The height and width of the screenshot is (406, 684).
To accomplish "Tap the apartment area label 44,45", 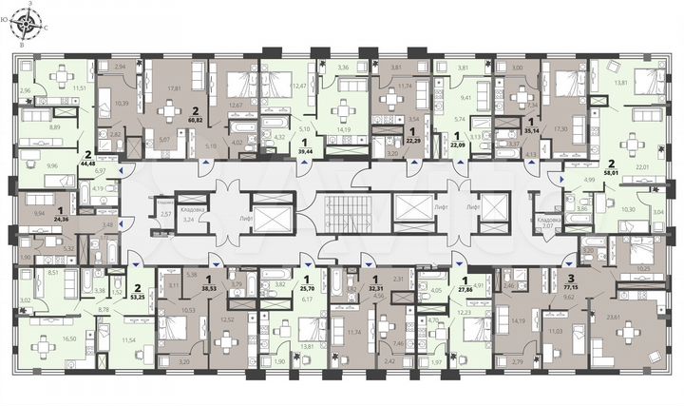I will pos(88,163).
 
